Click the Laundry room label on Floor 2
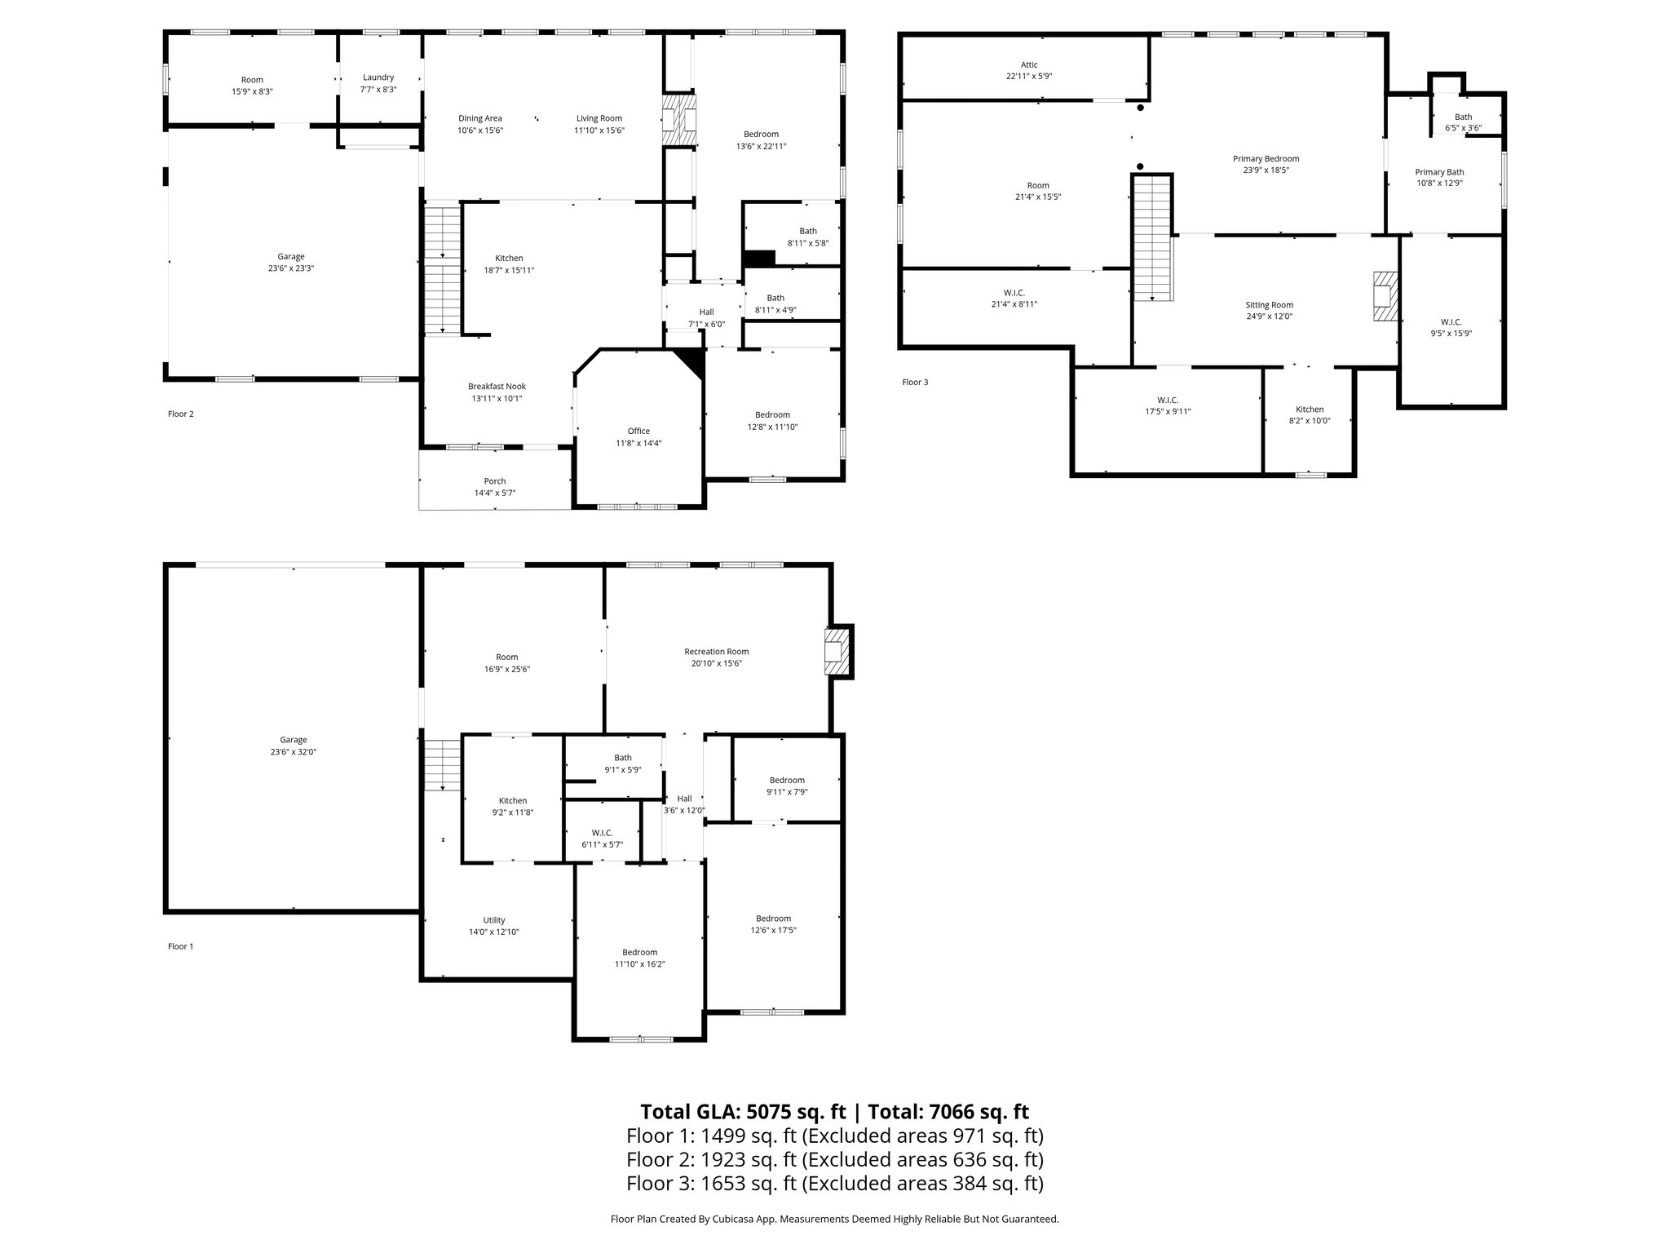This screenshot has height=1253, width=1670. (x=378, y=77)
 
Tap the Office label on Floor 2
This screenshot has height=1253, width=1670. (x=638, y=431)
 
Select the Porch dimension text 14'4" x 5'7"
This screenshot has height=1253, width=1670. (x=494, y=493)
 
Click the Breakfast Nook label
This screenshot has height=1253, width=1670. (x=497, y=387)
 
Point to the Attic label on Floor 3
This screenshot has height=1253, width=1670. (x=1029, y=64)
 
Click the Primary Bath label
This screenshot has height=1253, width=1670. (x=1439, y=172)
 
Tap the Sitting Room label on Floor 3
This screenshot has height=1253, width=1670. (x=1269, y=305)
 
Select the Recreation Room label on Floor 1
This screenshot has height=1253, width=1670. (x=716, y=651)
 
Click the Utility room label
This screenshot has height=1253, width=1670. (x=493, y=920)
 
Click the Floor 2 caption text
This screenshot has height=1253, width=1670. (x=181, y=414)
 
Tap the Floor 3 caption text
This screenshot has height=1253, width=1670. (x=915, y=382)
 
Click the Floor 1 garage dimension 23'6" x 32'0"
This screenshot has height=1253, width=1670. (x=293, y=752)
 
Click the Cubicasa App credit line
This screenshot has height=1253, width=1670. (x=834, y=1220)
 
